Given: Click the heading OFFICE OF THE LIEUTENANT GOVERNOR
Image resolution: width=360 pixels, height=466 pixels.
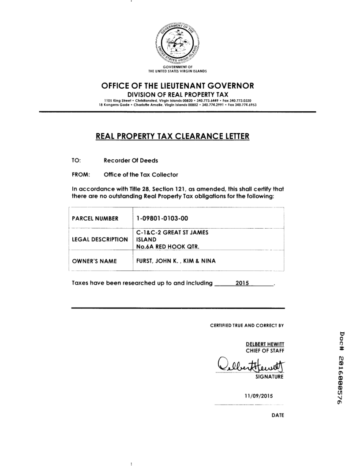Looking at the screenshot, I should pyautogui.click(x=178, y=86).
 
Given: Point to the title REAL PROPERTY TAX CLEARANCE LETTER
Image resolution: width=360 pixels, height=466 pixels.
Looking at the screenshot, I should pyautogui.click(x=172, y=136).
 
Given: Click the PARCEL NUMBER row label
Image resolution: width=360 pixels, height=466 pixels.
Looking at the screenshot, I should pyautogui.click(x=95, y=218).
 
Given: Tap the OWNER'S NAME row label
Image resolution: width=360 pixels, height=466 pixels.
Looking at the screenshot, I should pyautogui.click(x=94, y=261).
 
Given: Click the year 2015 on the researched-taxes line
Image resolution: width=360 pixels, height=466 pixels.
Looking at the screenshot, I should pyautogui.click(x=243, y=283).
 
